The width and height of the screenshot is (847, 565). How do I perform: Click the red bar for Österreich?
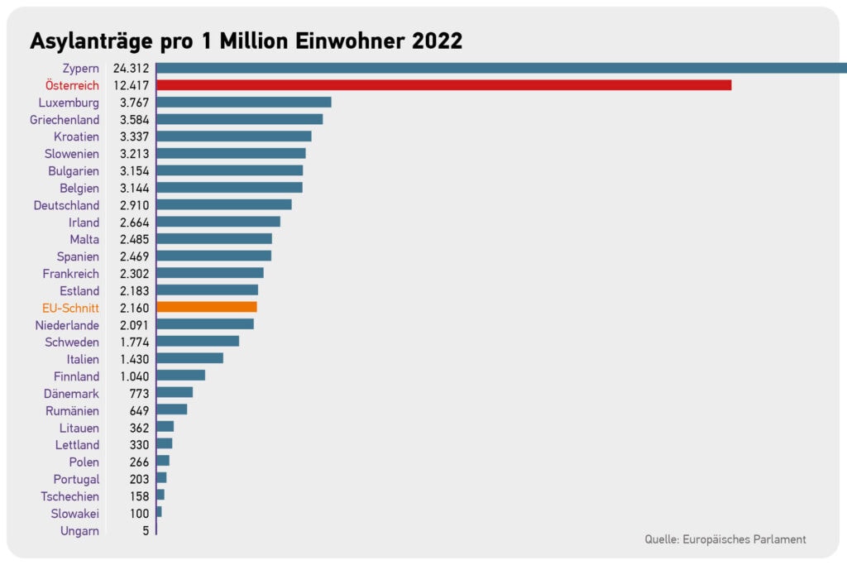444,85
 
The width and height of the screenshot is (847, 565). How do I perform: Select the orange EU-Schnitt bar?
207,308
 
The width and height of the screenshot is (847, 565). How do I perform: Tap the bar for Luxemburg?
244,102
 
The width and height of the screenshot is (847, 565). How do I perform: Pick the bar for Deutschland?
224,204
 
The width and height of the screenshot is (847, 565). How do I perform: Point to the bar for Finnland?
181,376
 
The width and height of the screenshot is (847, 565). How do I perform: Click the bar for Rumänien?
172,409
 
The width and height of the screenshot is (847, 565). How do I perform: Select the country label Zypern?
80,69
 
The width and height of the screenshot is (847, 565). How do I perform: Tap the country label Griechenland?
65,119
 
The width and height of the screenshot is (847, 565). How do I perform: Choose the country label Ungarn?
79,531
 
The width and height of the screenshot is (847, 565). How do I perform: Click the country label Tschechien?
69,496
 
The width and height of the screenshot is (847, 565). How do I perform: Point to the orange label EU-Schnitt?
70,308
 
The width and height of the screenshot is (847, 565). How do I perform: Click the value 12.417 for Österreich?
131,85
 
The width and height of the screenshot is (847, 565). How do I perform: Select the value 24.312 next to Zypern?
131,68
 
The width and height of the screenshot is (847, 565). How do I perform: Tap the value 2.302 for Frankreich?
134,274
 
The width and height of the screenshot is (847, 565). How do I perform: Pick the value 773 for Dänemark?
139,394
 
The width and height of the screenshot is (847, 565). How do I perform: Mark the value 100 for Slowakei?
139,514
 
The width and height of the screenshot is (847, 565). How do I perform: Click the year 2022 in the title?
437,41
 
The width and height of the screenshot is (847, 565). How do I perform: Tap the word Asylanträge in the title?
91,41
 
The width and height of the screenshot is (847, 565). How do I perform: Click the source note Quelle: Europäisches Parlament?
725,539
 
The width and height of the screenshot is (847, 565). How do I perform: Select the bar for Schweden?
198,342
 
